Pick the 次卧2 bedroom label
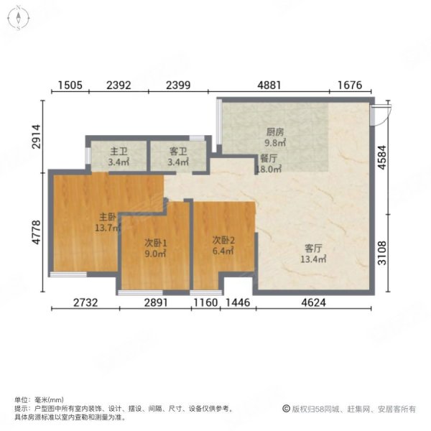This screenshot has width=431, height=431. pos(223,241)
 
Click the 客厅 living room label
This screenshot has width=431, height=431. pos(312,249)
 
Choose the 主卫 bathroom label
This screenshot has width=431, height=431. pos(119,152)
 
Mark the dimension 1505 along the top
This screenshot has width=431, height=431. pos(70,85)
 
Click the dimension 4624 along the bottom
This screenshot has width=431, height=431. pos(313,303)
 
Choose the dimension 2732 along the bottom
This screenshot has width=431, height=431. pos(85,303)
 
